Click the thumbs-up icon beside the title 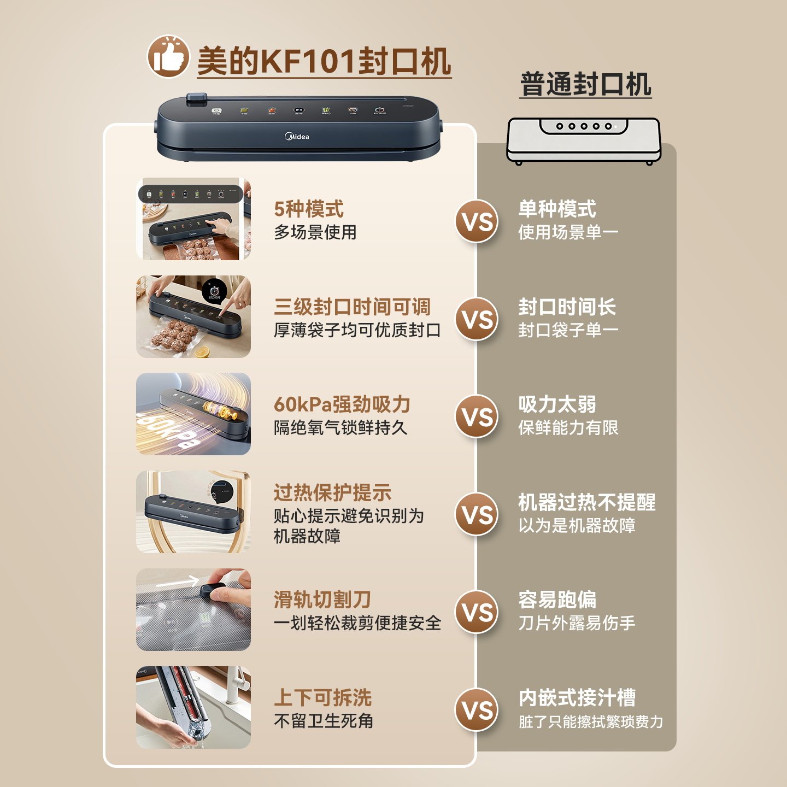pos(168,56)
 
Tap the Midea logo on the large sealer pos(297,136)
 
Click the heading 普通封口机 pos(585,85)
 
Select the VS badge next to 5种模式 pos(477,221)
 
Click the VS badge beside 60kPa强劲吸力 pos(477,416)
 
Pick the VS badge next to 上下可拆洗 pos(477,709)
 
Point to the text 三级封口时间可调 pos(352,307)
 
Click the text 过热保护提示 pos(332,492)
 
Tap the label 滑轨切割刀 pos(322,600)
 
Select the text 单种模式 pos(557,209)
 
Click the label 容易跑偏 pos(557,600)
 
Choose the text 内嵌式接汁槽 pos(577,697)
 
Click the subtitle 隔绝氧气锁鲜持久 pos(340,427)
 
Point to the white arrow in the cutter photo pos(178,583)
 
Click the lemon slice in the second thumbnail pos(203,351)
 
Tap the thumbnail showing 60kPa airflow pos(193,414)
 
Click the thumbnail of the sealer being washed pos(193,707)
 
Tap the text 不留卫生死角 pos(324,721)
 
